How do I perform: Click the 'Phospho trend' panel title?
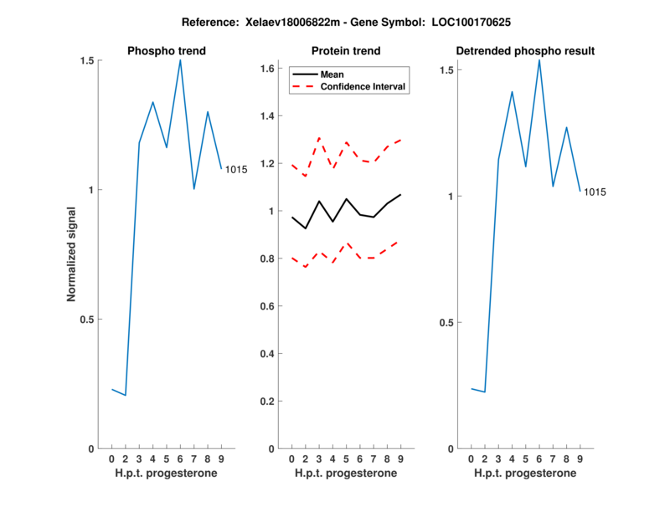166,51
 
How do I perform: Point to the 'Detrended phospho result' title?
525,51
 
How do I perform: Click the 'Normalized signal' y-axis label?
72,254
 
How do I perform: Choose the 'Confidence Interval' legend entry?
363,86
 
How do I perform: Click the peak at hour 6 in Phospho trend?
180,60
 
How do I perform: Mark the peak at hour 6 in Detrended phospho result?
539,59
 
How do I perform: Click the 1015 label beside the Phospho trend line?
236,170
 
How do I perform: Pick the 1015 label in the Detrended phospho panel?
595,192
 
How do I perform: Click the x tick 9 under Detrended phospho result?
580,458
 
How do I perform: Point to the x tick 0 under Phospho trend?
111,458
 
